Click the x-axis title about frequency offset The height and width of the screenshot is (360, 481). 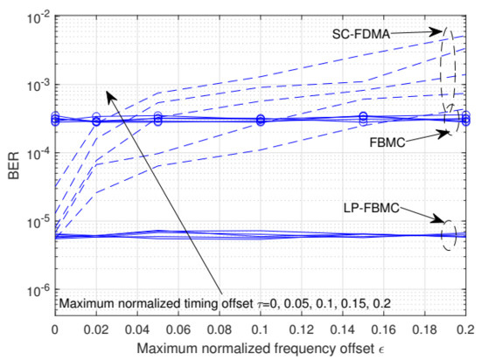click(261, 350)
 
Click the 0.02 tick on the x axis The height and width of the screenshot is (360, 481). click(95, 333)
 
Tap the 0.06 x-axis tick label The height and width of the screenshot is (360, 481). click(178, 333)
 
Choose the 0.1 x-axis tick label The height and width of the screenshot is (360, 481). click(261, 333)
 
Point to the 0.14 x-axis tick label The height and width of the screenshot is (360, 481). click(343, 333)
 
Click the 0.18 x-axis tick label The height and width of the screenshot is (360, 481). click(425, 333)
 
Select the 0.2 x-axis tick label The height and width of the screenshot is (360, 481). click(464, 333)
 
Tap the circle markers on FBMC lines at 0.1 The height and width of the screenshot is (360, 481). click(261, 120)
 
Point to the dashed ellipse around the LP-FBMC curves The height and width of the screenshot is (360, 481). click(450, 234)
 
